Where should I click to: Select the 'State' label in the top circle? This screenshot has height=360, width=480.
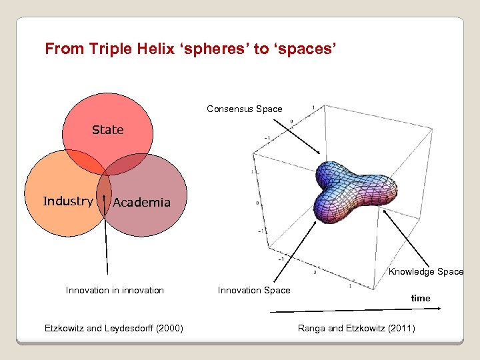[x=107, y=130]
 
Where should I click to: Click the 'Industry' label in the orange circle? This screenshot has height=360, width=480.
[x=67, y=201]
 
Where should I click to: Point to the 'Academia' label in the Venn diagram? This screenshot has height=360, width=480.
[x=141, y=203]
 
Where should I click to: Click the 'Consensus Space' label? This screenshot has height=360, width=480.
[x=244, y=109]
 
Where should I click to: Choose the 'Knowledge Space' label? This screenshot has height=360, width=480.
[x=426, y=271]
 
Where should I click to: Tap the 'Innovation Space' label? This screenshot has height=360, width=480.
[x=254, y=290]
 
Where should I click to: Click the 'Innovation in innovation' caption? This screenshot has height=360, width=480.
[x=115, y=290]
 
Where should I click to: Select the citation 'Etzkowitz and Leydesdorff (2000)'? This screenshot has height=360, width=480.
[x=114, y=327]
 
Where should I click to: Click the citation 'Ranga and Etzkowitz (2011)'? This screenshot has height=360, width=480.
[x=356, y=327]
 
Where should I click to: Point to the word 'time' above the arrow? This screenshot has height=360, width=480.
[x=420, y=298]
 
